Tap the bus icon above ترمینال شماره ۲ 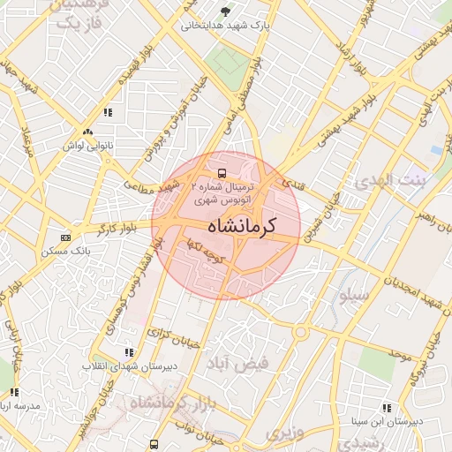click(221, 171)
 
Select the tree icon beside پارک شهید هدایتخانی click(226, 11)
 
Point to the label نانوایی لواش click(87, 144)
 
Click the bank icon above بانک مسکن click(65, 237)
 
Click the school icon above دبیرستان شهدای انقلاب click(130, 352)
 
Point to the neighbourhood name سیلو click(350, 296)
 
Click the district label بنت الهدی click(388, 181)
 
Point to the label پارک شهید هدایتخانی click(224, 26)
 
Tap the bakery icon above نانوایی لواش click(87, 132)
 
